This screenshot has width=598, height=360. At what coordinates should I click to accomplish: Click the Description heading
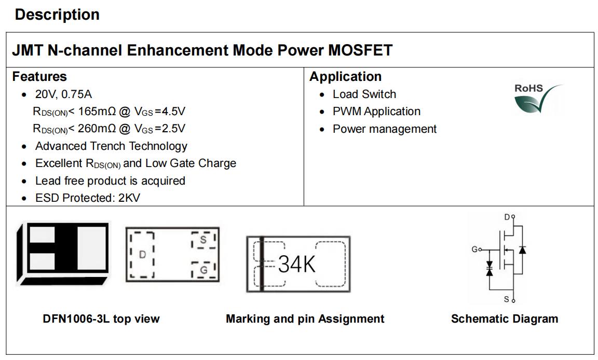57,15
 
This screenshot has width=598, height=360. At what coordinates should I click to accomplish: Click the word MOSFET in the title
360,50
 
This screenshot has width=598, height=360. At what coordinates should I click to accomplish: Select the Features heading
39,77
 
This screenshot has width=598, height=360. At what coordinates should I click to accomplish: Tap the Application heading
345,77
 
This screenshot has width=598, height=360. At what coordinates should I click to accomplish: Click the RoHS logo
538,99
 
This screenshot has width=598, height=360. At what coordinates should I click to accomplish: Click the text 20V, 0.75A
63,94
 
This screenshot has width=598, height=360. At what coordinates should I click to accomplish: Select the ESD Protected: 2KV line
88,198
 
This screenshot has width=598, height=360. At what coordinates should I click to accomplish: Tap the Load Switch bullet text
364,94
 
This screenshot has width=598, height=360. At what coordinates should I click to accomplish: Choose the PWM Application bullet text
376,111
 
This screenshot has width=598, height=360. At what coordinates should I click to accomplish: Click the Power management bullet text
385,129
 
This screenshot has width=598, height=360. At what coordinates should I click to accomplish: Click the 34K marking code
297,264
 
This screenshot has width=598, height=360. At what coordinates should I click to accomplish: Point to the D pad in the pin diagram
142,255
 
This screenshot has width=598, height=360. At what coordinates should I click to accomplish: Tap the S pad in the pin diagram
203,240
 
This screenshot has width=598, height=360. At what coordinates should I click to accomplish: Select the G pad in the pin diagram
203,270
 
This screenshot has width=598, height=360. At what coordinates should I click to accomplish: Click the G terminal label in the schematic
475,250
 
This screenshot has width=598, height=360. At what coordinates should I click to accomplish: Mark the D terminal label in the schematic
507,217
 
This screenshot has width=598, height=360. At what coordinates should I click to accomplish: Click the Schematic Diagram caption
505,319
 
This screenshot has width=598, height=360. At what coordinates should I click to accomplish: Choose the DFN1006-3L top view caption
101,319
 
